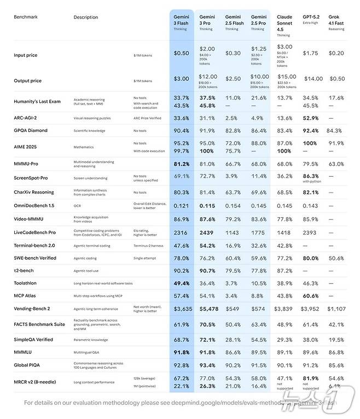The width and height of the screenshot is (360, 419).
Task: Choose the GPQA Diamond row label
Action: click(x=31, y=131)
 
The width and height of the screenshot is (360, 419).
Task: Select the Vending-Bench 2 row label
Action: click(x=32, y=309)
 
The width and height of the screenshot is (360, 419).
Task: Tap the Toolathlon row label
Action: click(x=25, y=283)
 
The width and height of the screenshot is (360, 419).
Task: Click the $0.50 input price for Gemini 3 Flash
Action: click(x=181, y=54)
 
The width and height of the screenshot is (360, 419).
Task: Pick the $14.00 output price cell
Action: click(x=313, y=79)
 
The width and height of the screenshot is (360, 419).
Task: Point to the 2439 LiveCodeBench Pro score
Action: click(x=207, y=232)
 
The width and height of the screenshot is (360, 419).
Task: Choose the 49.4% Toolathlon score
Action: click(x=181, y=283)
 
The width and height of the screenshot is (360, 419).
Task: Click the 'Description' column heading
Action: click(x=86, y=17)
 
